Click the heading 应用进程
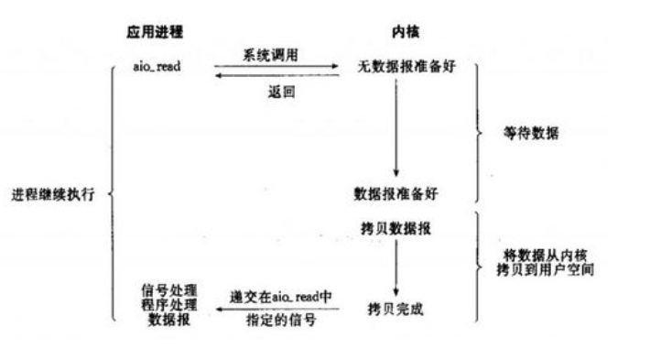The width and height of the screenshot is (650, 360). (155, 32)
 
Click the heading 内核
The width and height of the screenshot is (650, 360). (393, 32)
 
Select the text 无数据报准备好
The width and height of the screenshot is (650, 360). (395, 67)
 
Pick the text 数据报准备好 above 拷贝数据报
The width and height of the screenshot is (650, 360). (394, 195)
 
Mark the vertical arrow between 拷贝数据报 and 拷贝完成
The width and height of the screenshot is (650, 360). (395, 266)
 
